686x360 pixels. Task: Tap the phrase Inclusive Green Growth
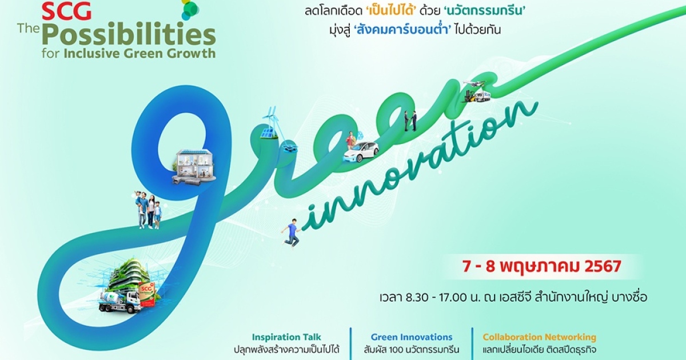(139, 53)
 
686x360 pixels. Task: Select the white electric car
(361, 152)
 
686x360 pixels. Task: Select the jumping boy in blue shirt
(292, 232)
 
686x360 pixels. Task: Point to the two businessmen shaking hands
(410, 121)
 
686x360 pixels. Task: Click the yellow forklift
(470, 96)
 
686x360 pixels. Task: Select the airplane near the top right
(474, 83)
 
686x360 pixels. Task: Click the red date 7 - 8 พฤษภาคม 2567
(541, 267)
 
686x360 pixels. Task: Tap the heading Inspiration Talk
(286, 337)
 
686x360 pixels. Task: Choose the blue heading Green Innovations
(412, 337)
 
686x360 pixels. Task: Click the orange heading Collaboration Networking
(540, 337)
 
